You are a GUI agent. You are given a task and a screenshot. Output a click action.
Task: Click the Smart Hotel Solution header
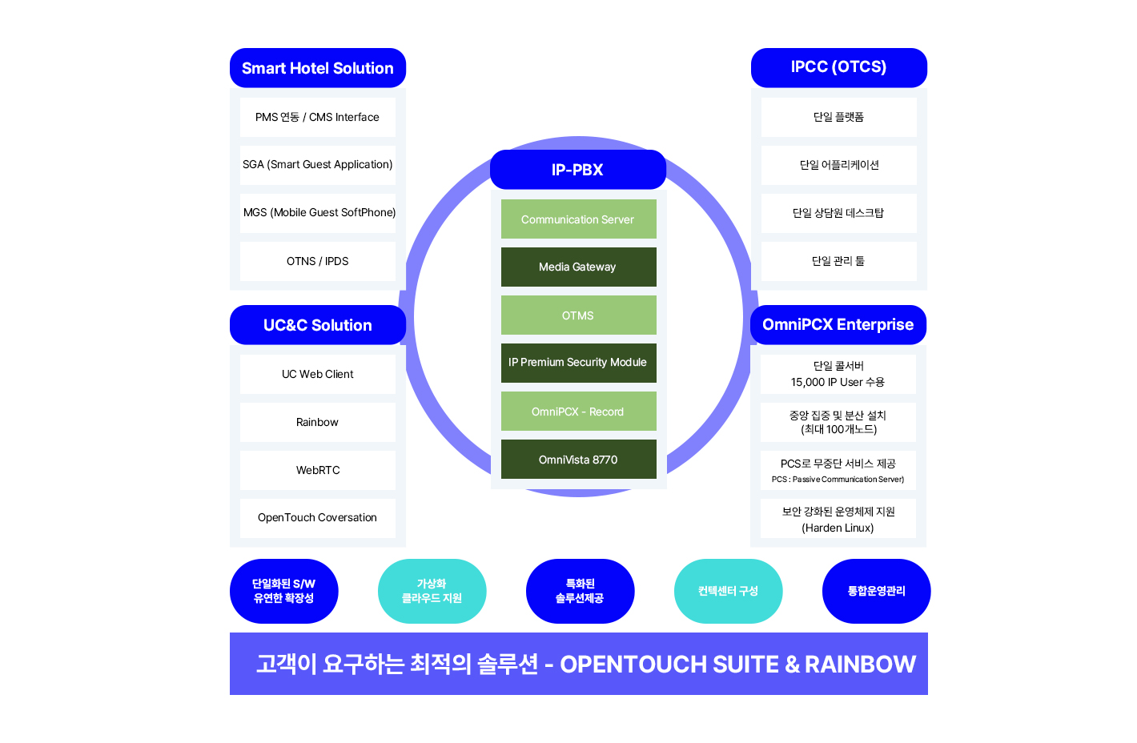point(317,68)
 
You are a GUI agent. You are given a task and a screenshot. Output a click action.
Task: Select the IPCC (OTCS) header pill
point(838,67)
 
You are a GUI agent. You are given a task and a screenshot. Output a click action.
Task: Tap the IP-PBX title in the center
point(577,170)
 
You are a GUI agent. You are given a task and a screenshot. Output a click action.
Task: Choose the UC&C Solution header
point(317,325)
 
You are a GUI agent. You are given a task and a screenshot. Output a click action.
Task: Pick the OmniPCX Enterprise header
point(838,324)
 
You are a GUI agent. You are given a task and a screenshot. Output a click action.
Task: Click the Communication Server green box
point(578,219)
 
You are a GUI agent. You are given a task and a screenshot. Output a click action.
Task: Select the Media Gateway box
point(578,267)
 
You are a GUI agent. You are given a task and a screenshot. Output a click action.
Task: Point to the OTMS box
point(578,315)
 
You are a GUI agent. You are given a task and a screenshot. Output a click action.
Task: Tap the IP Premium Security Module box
point(578,363)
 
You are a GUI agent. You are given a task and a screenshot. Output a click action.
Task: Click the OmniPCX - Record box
point(578,412)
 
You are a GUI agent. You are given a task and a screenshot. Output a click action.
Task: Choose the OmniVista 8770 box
point(578,460)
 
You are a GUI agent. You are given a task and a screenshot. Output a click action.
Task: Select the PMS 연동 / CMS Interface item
point(317,118)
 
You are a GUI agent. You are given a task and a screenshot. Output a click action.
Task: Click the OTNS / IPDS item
point(317,262)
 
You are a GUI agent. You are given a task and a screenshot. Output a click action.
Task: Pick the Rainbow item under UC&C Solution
point(317,422)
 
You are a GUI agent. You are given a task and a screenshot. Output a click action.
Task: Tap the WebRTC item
point(317,470)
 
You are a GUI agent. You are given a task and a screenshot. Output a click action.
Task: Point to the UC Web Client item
point(317,374)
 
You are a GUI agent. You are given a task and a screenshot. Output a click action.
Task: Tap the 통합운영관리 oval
point(876,591)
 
